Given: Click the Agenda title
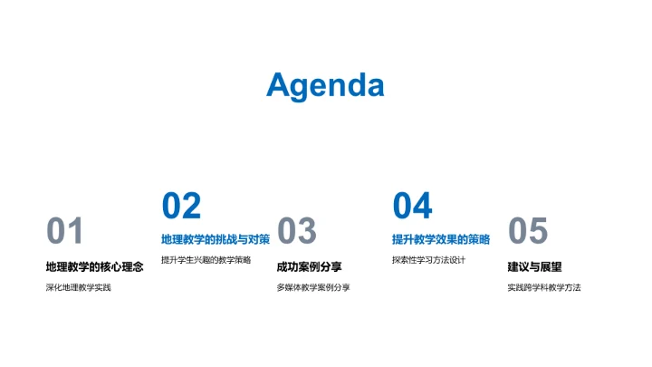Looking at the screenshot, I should [325, 85].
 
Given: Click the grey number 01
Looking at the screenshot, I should [65, 232].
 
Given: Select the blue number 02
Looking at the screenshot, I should [181, 207].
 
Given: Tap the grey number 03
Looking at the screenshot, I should [296, 232].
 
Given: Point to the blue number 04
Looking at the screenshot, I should [412, 207].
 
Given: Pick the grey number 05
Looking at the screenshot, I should [528, 232].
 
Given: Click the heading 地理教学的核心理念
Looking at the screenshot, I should [94, 266].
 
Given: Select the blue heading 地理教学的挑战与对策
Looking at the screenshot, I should [215, 240].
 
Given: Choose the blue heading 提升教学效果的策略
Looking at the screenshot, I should [440, 240].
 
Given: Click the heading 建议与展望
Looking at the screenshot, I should [534, 266].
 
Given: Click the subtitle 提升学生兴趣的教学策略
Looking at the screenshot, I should [206, 260].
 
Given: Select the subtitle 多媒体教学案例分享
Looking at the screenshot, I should [312, 287].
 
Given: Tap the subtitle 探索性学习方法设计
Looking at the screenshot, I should [428, 260].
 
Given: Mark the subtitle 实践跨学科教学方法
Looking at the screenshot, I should [543, 287].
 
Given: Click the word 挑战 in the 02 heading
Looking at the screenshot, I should [226, 240].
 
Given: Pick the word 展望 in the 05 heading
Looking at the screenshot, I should [551, 266].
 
